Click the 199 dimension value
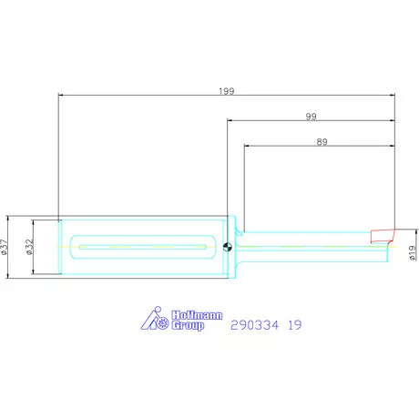(227, 91)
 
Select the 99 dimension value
(311, 117)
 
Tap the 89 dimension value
(322, 142)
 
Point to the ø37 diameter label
(4, 247)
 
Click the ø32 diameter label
(29, 247)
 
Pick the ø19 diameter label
(412, 252)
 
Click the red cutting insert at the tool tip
(382, 236)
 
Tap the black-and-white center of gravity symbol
(228, 247)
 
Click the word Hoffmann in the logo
(197, 315)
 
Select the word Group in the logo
(188, 325)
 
